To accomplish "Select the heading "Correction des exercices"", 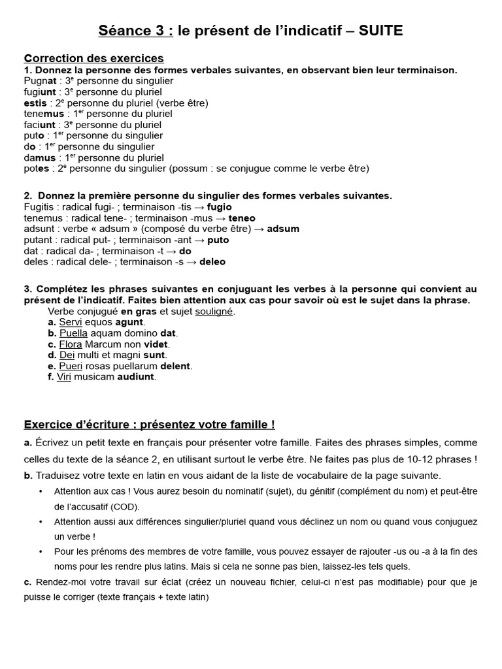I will click(93, 59).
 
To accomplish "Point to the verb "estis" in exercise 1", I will click(35, 103).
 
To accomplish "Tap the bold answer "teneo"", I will click(242, 218).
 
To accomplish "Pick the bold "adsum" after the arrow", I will click(283, 229).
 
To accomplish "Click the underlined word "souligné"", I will click(214, 311).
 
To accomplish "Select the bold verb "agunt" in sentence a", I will click(129, 322).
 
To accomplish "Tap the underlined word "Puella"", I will click(73, 333).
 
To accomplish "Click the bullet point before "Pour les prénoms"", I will click(41, 551).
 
